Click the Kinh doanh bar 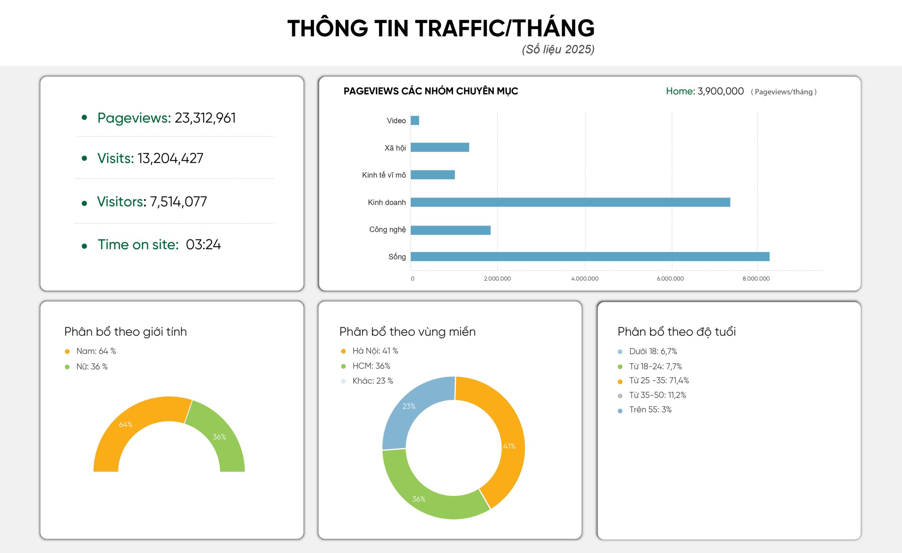570,202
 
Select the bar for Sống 590,256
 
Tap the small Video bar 415,120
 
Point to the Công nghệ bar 450,230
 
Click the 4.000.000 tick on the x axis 585,279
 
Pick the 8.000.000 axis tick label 756,279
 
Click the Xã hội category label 395,148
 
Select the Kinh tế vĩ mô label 384,175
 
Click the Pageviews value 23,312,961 205,118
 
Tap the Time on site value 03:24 203,244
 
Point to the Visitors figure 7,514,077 178,202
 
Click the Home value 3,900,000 721,91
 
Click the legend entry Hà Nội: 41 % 375,351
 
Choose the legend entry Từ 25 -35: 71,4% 659,381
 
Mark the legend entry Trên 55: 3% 650,409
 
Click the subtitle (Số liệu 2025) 558,49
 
